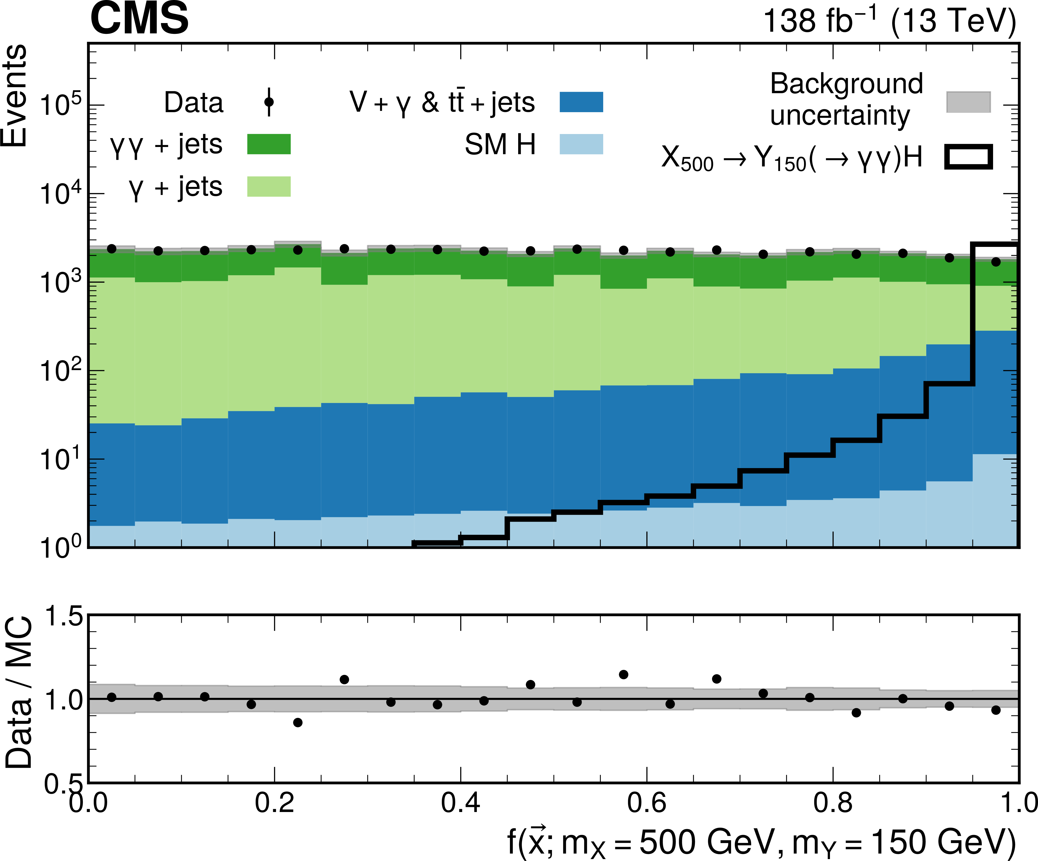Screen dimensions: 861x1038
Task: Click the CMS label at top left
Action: point(139,19)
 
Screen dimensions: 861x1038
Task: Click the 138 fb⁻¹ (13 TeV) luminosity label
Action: point(889,21)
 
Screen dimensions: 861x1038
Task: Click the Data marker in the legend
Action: point(269,102)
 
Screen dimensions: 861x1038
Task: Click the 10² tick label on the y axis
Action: point(60,371)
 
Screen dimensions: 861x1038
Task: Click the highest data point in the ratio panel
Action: point(623,674)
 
